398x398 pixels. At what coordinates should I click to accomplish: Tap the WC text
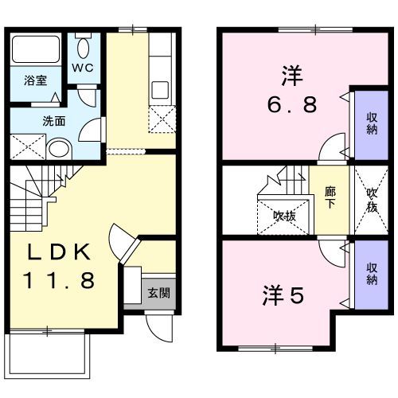point(84,67)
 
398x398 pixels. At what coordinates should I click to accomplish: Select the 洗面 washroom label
point(54,121)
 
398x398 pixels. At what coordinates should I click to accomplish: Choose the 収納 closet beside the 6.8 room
point(371,123)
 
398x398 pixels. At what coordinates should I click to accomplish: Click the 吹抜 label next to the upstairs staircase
point(283,215)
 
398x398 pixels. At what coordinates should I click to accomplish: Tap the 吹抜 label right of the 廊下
point(371,199)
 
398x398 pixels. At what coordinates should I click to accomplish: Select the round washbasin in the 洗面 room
point(57,148)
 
